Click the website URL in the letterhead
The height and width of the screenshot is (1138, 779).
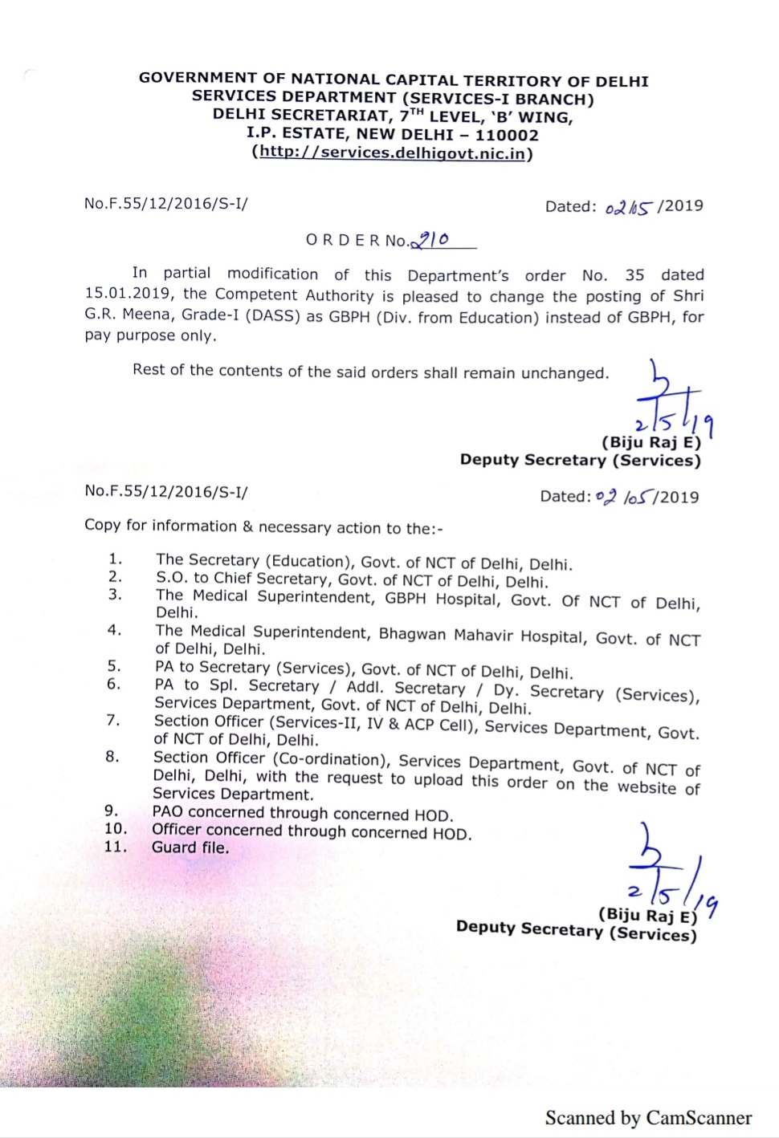click(x=393, y=152)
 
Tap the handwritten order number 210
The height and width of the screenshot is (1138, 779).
click(x=431, y=239)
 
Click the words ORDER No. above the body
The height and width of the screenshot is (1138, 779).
click(x=357, y=240)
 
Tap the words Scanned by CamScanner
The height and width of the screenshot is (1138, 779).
click(x=648, y=1118)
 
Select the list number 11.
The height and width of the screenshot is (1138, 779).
click(x=115, y=846)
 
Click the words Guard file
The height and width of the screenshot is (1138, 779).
click(x=190, y=847)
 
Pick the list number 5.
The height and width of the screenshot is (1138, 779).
click(x=114, y=666)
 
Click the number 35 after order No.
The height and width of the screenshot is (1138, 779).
click(x=634, y=275)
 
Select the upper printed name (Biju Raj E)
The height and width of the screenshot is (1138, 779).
click(x=651, y=442)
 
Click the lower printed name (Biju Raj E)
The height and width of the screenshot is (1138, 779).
click(x=647, y=915)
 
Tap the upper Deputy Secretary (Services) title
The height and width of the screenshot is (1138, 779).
click(x=580, y=460)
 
